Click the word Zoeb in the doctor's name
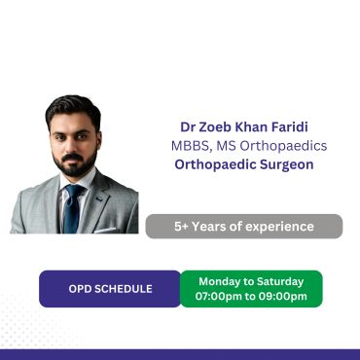[x=214, y=127]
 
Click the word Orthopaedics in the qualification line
[x=283, y=146]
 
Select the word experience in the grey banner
[x=279, y=227]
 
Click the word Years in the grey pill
[x=207, y=227]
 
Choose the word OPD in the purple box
[x=78, y=289]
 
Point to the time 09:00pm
[x=282, y=297]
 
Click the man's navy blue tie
[x=73, y=208]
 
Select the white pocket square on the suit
[x=104, y=230]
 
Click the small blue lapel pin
[x=99, y=198]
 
